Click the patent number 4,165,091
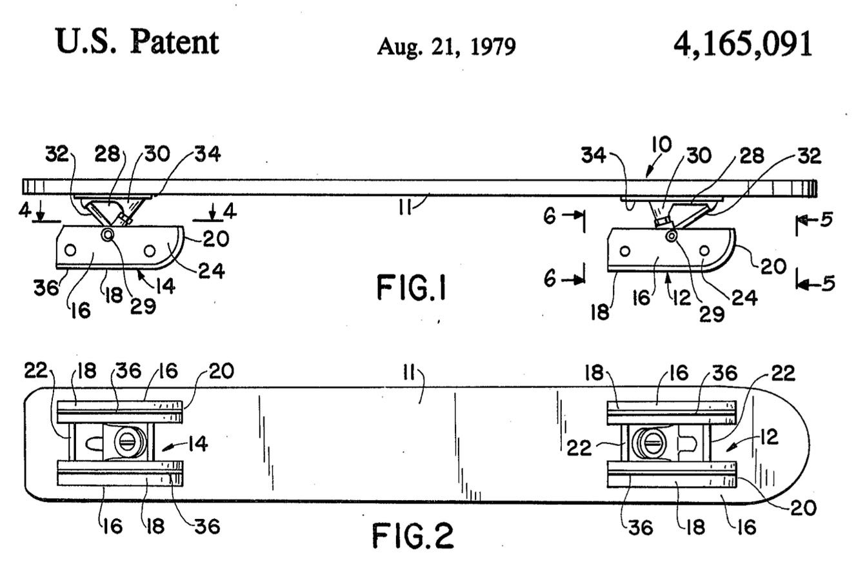[x=742, y=45]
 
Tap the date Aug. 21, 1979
[x=446, y=47]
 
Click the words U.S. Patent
[x=137, y=42]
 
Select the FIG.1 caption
[x=412, y=287]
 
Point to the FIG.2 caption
[x=413, y=536]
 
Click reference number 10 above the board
[x=661, y=145]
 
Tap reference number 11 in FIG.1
[x=405, y=209]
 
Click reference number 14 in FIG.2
[x=198, y=443]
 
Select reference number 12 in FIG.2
[x=768, y=438]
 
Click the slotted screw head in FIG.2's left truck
[x=128, y=443]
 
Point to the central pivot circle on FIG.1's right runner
[x=670, y=236]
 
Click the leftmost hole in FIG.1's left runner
[x=70, y=250]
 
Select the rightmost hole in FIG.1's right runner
[x=704, y=251]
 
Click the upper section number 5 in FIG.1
[x=826, y=220]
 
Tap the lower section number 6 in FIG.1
[x=550, y=279]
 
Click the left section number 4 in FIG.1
[x=25, y=210]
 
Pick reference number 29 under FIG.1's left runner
[x=143, y=307]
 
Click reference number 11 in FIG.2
[x=409, y=374]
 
